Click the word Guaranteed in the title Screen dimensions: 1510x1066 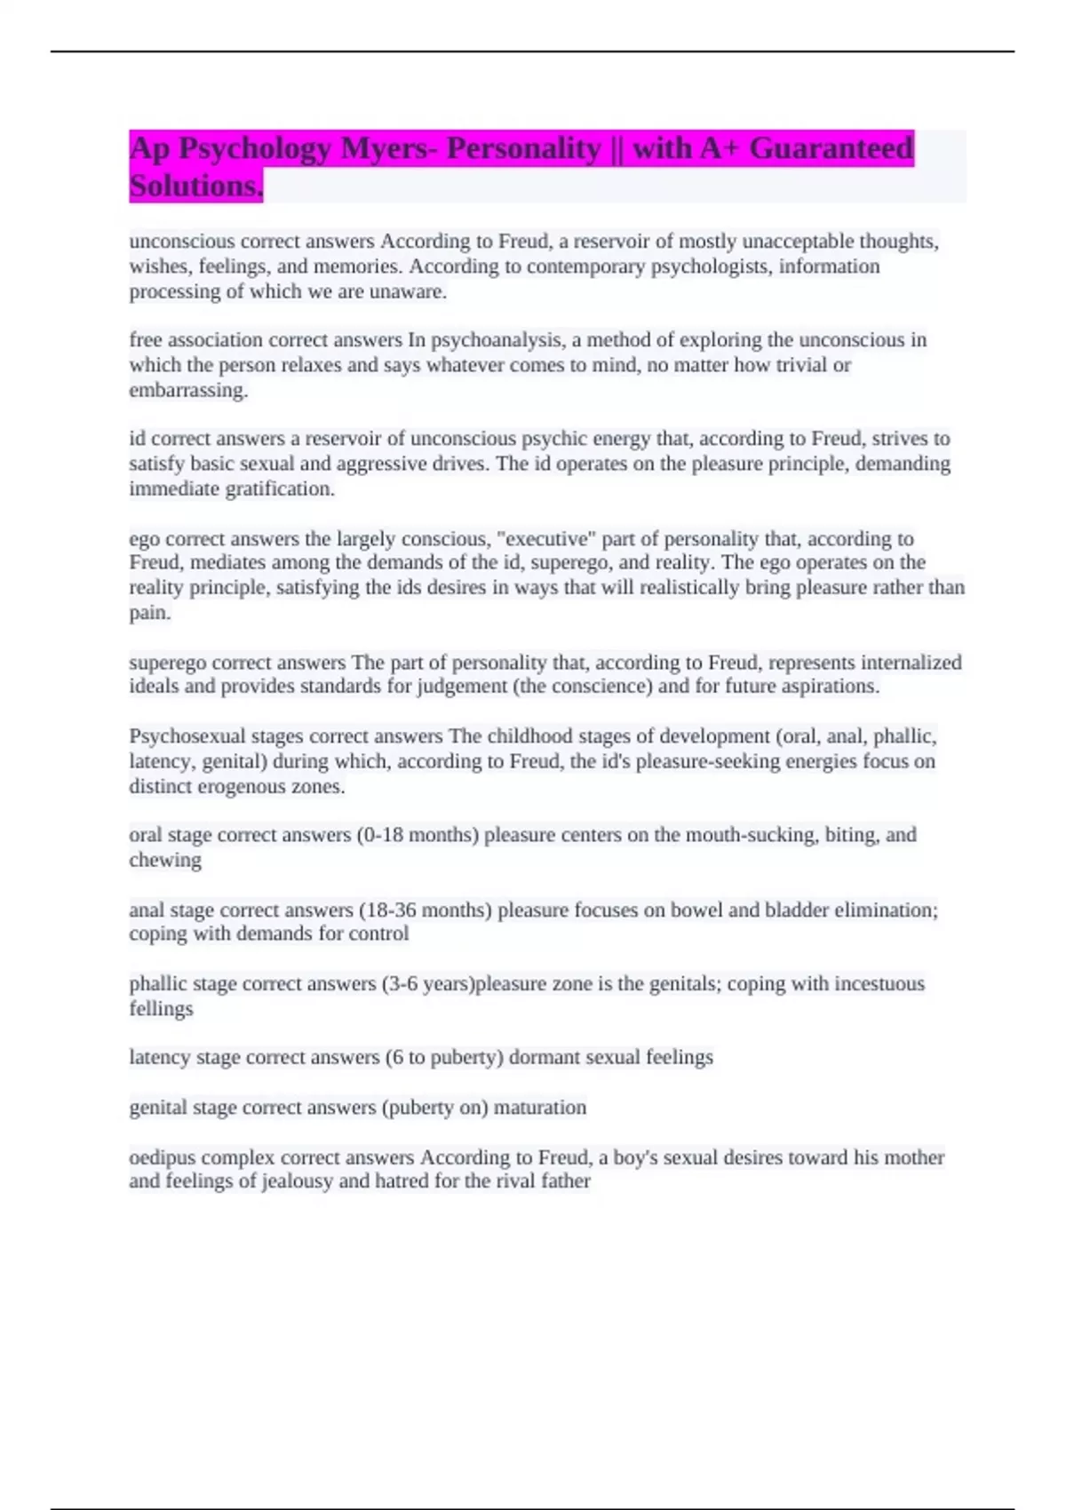tap(831, 148)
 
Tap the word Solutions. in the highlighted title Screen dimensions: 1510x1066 tap(195, 187)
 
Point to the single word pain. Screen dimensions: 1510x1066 tap(149, 612)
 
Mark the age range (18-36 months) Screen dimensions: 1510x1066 tap(425, 910)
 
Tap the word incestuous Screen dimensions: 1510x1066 tap(880, 983)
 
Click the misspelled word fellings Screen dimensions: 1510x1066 tap(161, 1008)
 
